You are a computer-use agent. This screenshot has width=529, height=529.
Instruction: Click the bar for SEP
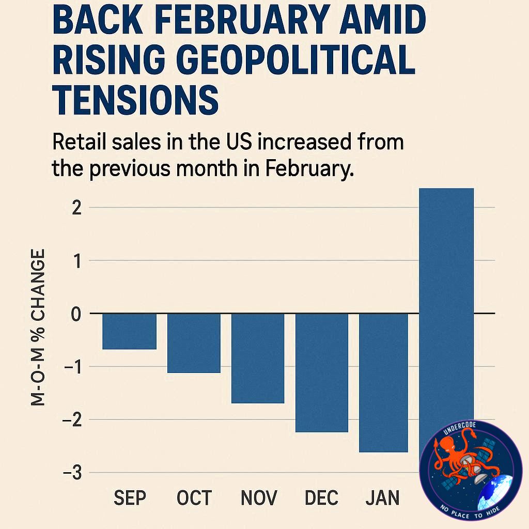pos(130,331)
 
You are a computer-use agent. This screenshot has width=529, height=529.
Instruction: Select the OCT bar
pos(194,343)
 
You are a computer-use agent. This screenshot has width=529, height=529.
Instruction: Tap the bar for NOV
pos(258,359)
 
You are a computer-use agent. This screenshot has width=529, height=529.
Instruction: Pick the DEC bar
pos(322,373)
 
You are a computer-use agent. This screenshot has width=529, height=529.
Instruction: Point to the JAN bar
pos(384,383)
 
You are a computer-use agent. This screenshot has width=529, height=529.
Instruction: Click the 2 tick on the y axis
pos(77,208)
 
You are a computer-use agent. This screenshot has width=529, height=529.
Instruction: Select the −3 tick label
pos(72,473)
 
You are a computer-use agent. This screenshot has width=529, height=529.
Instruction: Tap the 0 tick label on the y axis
pos(76,314)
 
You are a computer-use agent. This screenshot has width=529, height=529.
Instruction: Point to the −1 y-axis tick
pos(73,367)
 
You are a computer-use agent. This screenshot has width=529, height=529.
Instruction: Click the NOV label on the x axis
pos(259,497)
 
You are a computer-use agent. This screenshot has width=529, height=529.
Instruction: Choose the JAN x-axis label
pos(383,497)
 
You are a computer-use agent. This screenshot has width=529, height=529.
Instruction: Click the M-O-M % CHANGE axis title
pos(37,327)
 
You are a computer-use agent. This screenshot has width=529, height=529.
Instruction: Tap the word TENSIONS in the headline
pos(136,100)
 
